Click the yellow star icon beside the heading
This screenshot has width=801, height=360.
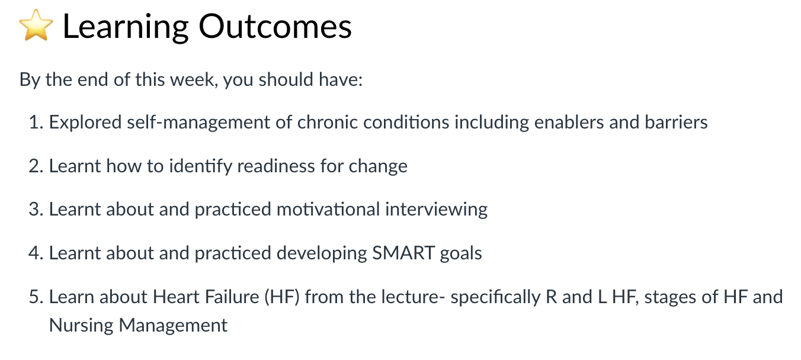pos(36,25)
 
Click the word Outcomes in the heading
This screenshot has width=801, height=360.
pos(275,27)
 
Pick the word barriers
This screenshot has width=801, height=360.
pos(676,122)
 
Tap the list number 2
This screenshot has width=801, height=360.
pos(36,166)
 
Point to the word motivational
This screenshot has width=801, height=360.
pos(328,210)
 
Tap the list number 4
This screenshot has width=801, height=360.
pos(36,253)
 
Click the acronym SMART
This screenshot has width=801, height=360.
pos(403,253)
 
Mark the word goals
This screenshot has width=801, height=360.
pos(461,254)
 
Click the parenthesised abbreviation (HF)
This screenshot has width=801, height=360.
pos(282,297)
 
